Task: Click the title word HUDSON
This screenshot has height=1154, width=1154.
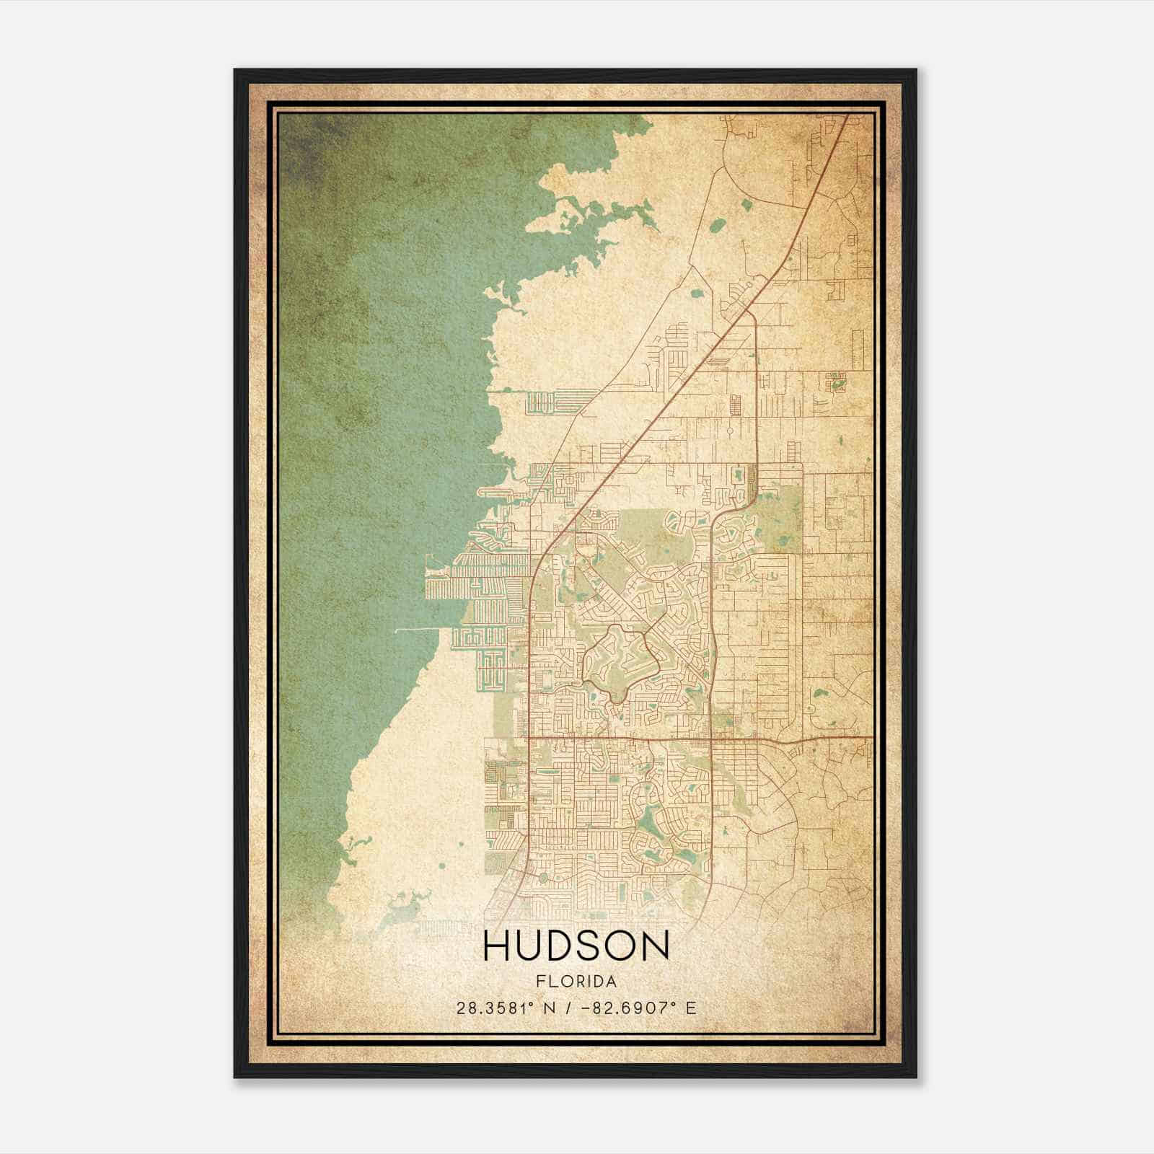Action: click(x=576, y=946)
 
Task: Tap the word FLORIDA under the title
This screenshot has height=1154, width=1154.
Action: click(x=576, y=982)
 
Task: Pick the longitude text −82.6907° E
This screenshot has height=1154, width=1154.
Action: click(x=635, y=1008)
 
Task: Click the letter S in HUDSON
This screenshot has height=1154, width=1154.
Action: click(x=585, y=946)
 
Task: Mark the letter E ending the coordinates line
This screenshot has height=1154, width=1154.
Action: click(x=692, y=1008)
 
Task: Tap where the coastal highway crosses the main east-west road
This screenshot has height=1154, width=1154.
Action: click(x=528, y=738)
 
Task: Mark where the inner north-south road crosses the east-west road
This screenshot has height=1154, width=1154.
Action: click(x=711, y=738)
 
